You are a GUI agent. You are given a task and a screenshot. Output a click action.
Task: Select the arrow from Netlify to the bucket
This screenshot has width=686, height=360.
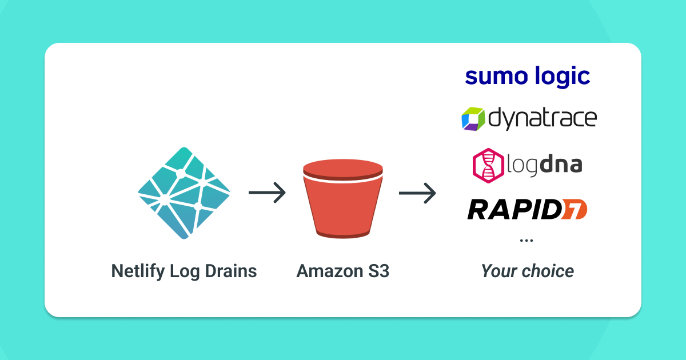267,193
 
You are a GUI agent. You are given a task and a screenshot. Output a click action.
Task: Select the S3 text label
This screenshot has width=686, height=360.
377,270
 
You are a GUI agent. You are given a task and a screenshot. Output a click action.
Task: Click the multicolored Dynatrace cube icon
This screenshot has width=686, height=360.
473,119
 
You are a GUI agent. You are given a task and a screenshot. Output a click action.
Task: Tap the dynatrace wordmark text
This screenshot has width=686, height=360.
543,119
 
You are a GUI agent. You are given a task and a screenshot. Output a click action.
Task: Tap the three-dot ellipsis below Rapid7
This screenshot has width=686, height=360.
526,241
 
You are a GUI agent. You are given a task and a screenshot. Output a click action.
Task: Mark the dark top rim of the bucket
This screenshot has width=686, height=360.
342,168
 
